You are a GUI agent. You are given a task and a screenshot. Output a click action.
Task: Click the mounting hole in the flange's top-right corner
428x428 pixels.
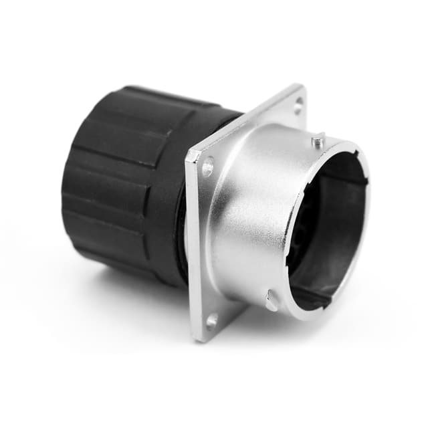298,102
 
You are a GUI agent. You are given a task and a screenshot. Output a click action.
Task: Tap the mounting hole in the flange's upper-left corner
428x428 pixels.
207,166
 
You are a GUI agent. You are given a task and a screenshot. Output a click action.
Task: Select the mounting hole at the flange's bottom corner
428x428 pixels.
213,320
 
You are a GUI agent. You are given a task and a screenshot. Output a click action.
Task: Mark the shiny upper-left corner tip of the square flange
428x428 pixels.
191,155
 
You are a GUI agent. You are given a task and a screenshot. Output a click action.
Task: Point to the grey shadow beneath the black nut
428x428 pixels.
134,288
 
